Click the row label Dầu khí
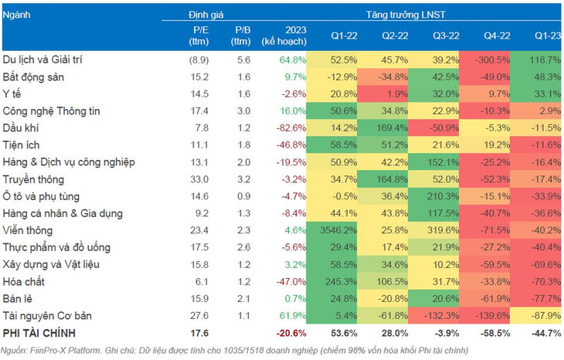pyautogui.click(x=22, y=127)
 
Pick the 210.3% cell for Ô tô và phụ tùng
pyautogui.click(x=437, y=195)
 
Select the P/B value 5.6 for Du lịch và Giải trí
pyautogui.click(x=241, y=59)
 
